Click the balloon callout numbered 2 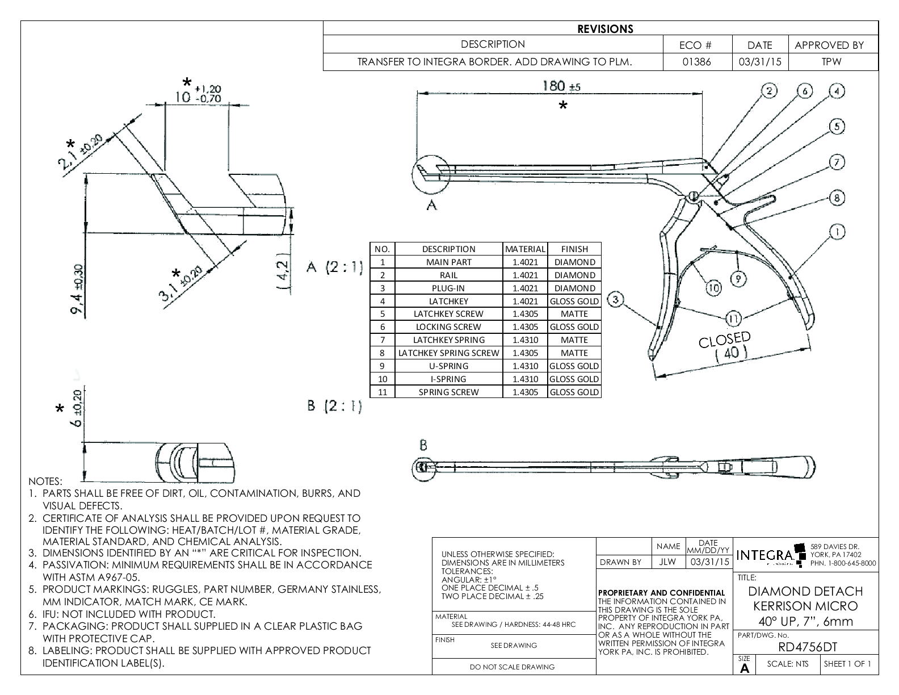pos(769,91)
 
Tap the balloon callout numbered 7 pos(837,162)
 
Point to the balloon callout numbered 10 pos(713,287)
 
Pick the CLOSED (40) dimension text pos(725,346)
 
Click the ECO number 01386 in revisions pos(697,62)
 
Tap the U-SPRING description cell pos(448,366)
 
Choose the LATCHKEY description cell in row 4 pos(448,301)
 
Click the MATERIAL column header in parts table pos(525,249)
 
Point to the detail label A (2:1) pos(334,268)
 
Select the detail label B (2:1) pos(334,406)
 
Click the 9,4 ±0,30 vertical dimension pos(78,288)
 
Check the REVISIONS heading pos(605,29)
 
